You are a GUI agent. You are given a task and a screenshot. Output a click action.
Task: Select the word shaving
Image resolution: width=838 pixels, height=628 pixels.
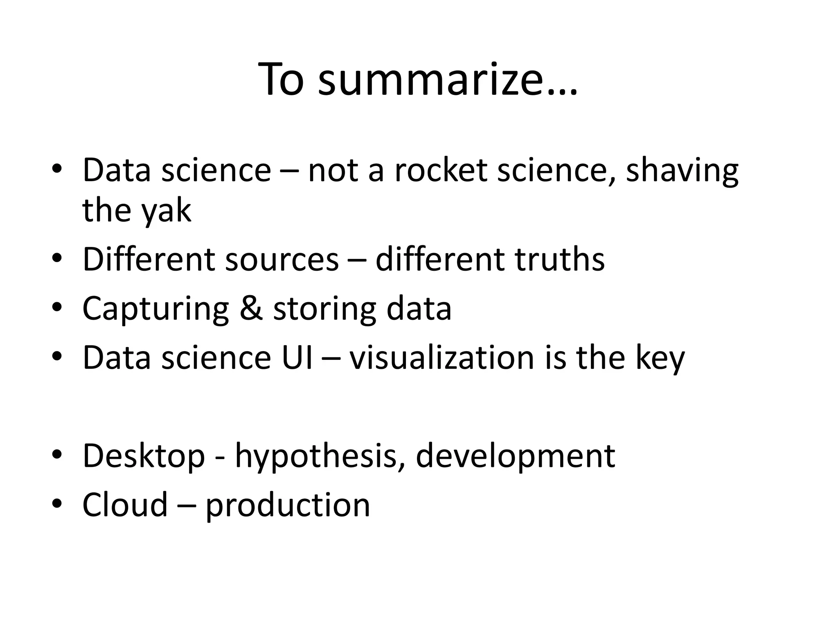(682, 171)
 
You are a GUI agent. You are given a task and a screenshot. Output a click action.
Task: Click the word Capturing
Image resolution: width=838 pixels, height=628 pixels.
(155, 309)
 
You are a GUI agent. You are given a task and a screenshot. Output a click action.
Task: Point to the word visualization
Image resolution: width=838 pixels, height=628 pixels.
(442, 358)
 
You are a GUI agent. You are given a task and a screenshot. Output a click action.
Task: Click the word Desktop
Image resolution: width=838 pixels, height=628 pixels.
(144, 456)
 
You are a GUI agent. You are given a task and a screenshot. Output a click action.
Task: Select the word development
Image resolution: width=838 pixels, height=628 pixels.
(515, 457)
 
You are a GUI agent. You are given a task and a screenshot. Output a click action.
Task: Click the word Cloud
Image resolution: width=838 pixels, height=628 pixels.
(125, 505)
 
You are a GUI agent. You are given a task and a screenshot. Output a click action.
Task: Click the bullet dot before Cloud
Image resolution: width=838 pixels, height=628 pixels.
(57, 503)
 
